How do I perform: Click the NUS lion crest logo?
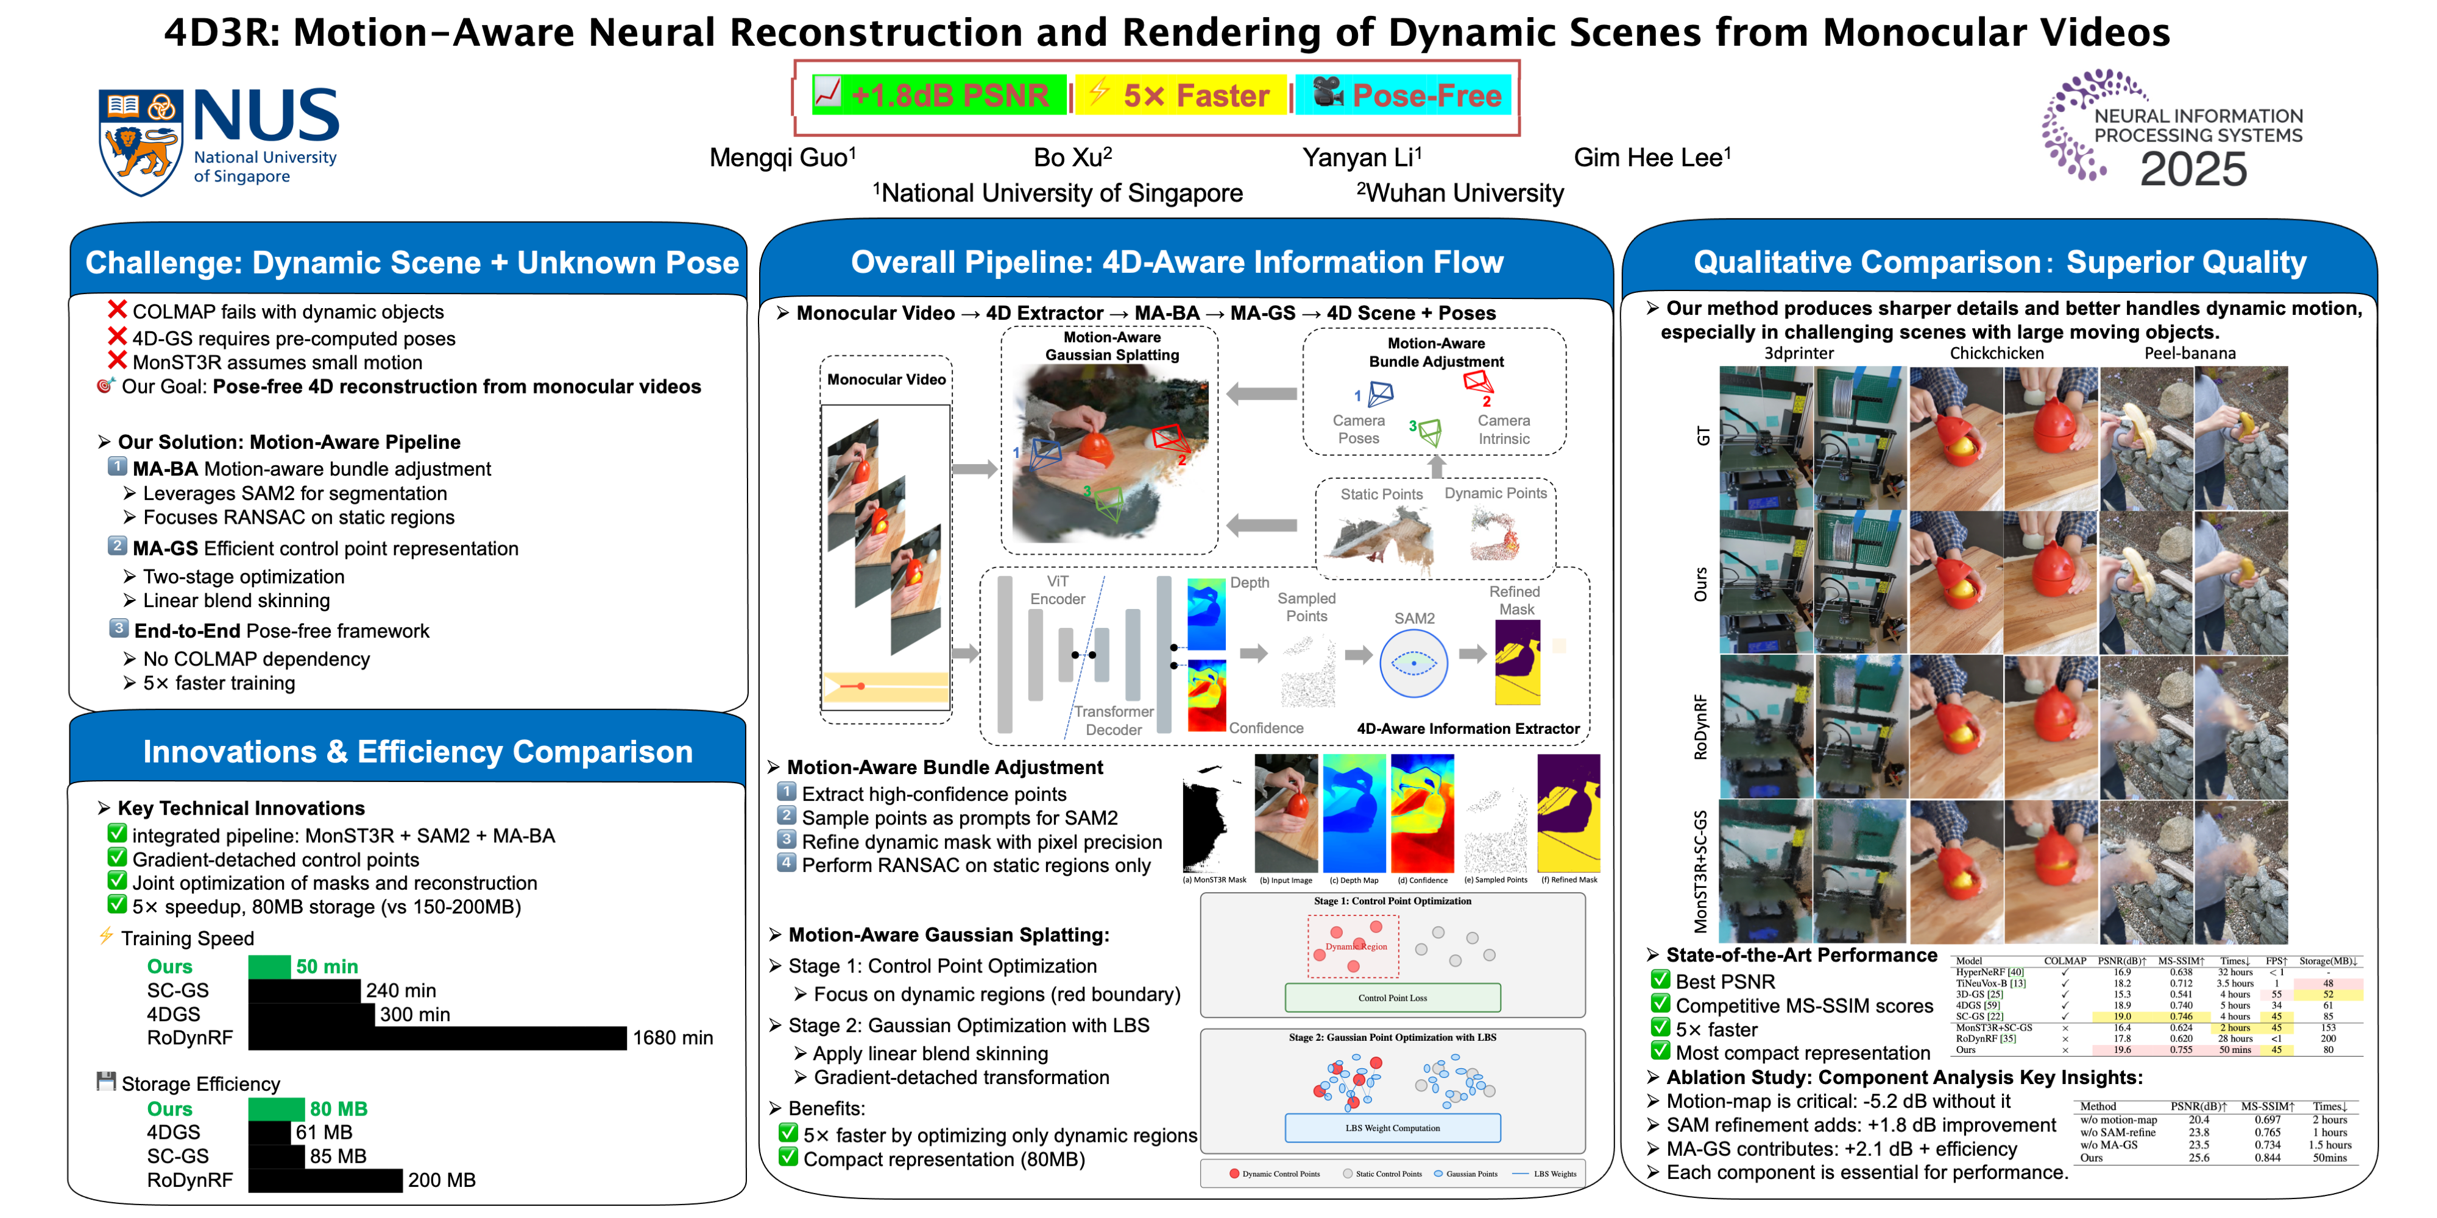pos(140,142)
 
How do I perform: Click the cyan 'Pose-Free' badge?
pos(1404,96)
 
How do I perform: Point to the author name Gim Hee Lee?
pos(1651,158)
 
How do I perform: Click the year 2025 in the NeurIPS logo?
pos(2193,171)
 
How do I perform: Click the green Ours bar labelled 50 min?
pos(270,966)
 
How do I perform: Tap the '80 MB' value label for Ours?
pos(339,1109)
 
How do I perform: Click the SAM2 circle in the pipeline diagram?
pos(1413,664)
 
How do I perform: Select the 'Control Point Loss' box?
pos(1393,998)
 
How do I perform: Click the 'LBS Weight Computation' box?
pos(1393,1128)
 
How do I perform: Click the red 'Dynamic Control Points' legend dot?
pos(1234,1174)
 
